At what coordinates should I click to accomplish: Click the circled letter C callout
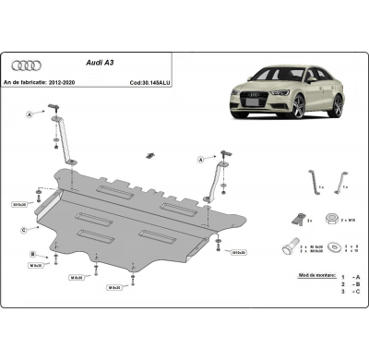(x=22, y=229)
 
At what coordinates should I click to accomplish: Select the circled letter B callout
(x=31, y=253)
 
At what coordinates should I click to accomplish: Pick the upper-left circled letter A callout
(x=30, y=114)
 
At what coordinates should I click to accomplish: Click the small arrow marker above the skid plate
(x=147, y=154)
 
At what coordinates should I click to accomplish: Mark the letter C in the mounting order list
(x=357, y=293)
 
